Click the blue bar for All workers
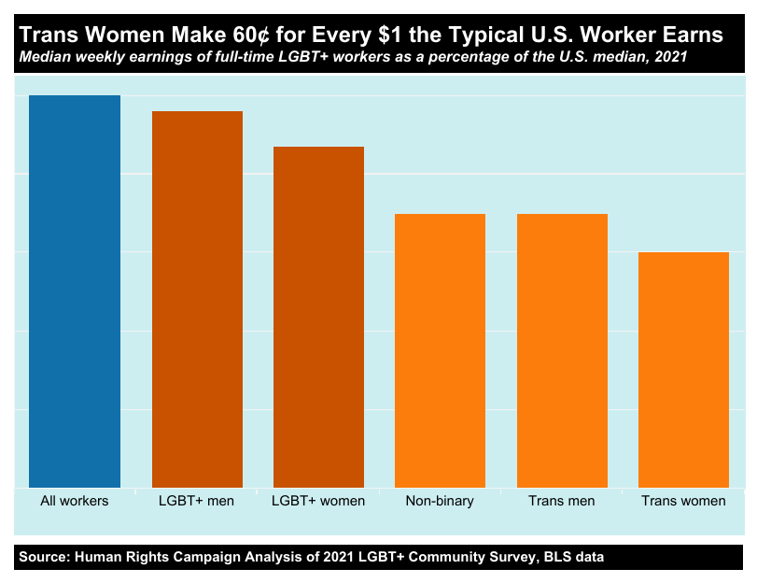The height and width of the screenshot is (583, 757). click(x=75, y=291)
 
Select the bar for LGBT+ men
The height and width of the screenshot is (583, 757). click(x=197, y=299)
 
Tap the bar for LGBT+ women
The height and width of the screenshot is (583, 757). click(x=318, y=317)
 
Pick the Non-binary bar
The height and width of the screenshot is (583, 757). click(x=440, y=350)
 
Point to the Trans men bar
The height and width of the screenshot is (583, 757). click(x=562, y=350)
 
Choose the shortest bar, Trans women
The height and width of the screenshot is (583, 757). click(x=683, y=370)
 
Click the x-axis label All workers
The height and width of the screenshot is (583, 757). click(x=75, y=501)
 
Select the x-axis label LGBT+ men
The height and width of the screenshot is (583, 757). click(x=197, y=501)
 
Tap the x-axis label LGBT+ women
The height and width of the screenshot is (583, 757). click(x=318, y=501)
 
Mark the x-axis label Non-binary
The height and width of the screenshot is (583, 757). click(x=440, y=501)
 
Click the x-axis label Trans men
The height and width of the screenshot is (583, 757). click(x=562, y=501)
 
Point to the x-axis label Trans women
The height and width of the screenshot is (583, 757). click(x=683, y=501)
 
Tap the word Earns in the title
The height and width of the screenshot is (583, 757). click(x=693, y=36)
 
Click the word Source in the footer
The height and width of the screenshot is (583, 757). click(x=43, y=557)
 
